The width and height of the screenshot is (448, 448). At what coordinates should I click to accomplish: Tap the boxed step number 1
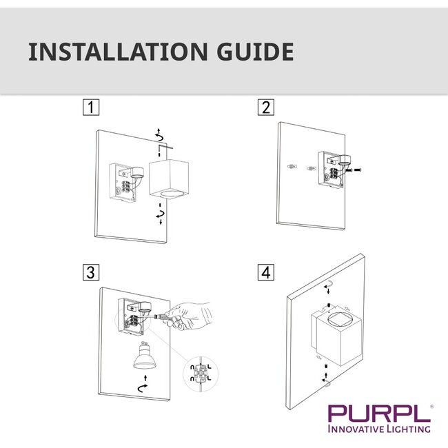pos(89,108)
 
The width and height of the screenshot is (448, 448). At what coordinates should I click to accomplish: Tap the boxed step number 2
pos(265,108)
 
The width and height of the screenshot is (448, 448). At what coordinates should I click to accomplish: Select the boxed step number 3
pos(89,272)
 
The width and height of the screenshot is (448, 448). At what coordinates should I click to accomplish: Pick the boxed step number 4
pos(265,272)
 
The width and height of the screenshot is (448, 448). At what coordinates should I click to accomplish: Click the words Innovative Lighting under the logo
pos(380,429)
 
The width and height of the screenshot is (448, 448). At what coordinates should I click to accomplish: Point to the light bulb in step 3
pos(145,358)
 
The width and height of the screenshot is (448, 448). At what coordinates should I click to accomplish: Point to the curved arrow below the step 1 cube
pos(161,217)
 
